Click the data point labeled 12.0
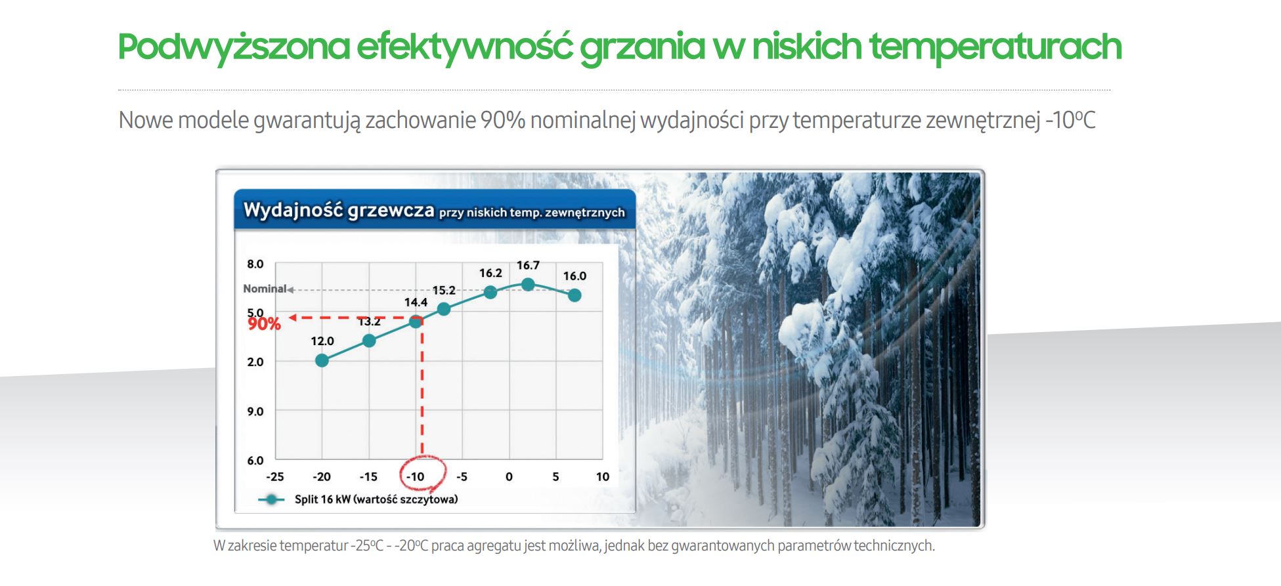322,360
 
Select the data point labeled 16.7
528,284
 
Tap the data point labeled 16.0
575,295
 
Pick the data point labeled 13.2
369,341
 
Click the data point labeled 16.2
490,292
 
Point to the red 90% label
264,324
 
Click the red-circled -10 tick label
415,477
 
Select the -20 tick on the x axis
321,477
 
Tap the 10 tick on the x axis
603,477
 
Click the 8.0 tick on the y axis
255,264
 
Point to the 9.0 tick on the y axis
255,411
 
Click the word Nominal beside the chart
265,289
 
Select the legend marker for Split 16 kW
271,499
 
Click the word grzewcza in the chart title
391,210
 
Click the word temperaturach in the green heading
995,47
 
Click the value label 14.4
416,303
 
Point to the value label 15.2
444,290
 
